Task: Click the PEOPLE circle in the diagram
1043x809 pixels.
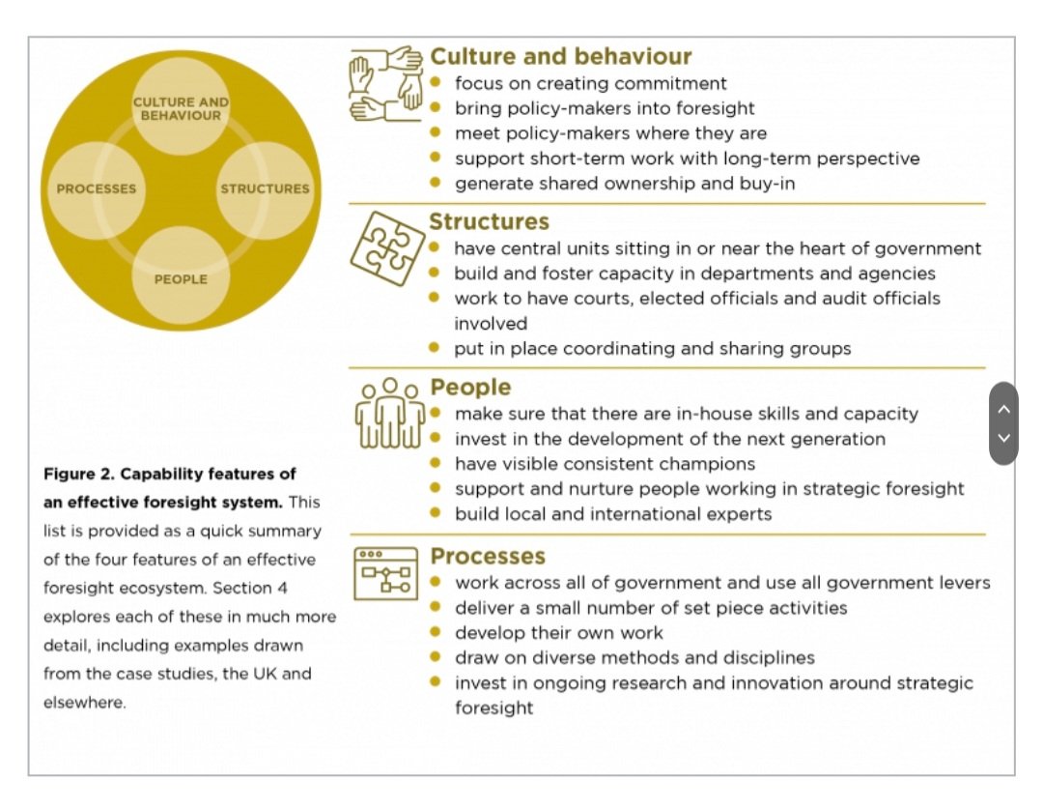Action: click(181, 279)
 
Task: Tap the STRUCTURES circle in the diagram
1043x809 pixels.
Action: click(265, 188)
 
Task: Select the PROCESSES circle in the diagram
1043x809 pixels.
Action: click(97, 188)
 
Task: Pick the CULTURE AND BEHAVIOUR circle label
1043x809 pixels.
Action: click(181, 108)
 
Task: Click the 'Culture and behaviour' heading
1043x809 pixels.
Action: click(560, 56)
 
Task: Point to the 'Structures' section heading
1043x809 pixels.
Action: click(489, 222)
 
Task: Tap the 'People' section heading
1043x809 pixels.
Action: click(470, 388)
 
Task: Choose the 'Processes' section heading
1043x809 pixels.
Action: click(488, 557)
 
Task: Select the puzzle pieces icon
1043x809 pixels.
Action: click(386, 248)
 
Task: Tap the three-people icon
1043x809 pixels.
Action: click(389, 415)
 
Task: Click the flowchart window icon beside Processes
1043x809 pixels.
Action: click(385, 574)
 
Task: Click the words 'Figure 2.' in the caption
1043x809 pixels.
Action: click(78, 475)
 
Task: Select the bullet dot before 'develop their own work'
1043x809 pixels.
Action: click(436, 632)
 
